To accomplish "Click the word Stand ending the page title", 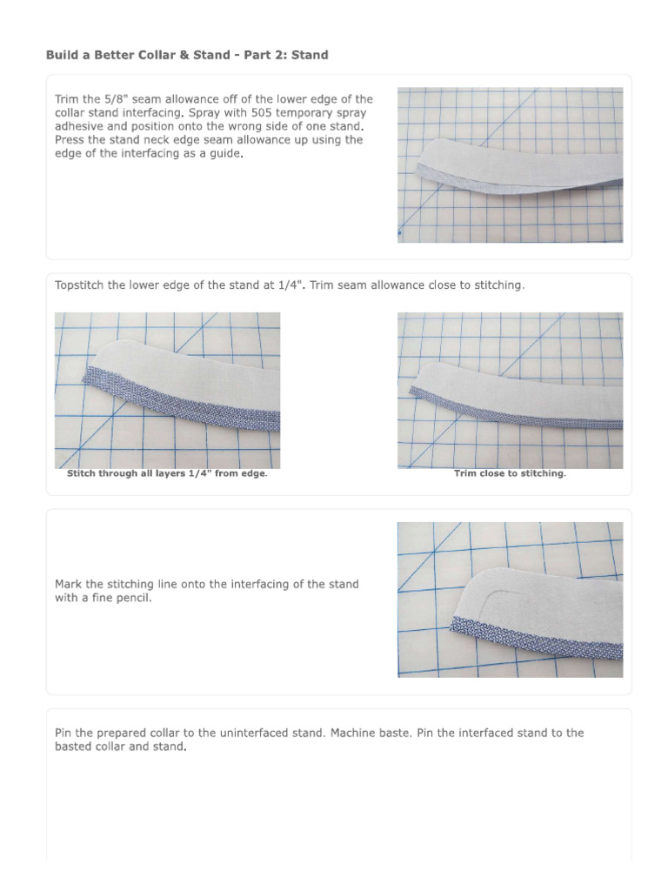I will [310, 55].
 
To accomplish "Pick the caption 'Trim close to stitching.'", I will [510, 474].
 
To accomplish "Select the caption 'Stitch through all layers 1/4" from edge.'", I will [167, 474].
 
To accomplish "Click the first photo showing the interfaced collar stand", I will [510, 164].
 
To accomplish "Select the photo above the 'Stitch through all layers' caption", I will [167, 391].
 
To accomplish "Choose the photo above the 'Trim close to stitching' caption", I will [510, 391].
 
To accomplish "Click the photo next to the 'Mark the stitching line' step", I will [510, 600].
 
